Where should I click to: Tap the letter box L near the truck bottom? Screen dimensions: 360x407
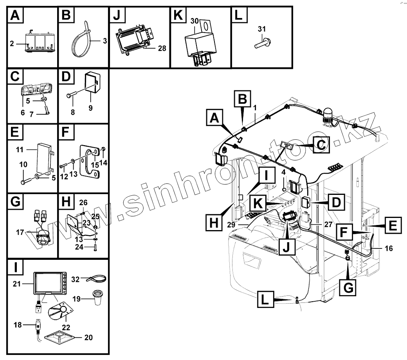(266, 301)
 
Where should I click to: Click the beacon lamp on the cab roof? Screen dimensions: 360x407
(328, 115)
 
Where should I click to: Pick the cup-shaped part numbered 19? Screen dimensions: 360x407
(98, 297)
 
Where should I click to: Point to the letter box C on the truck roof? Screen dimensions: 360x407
(321, 144)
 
